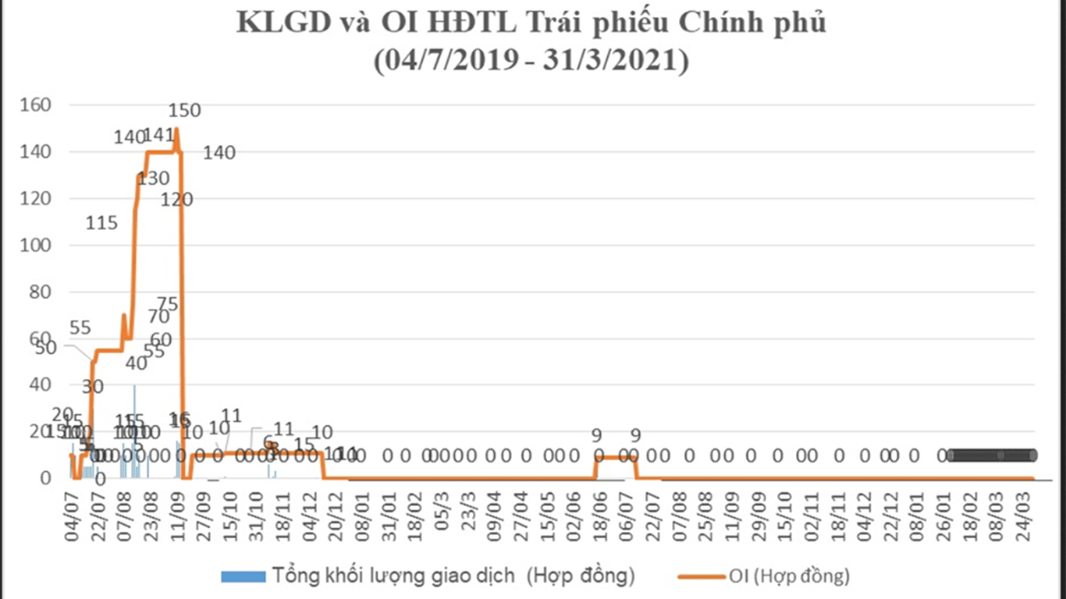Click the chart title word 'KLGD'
click(279, 23)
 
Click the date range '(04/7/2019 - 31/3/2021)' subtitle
click(531, 60)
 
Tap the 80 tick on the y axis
click(41, 292)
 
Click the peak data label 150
click(185, 111)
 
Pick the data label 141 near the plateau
click(159, 136)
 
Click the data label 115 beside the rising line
click(101, 224)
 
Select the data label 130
click(153, 179)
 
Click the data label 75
click(167, 304)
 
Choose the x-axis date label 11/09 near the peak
click(178, 510)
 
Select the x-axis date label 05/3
click(442, 510)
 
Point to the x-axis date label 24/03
click(1025, 510)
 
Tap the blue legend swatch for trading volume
click(242, 577)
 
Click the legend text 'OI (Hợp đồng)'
click(789, 577)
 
